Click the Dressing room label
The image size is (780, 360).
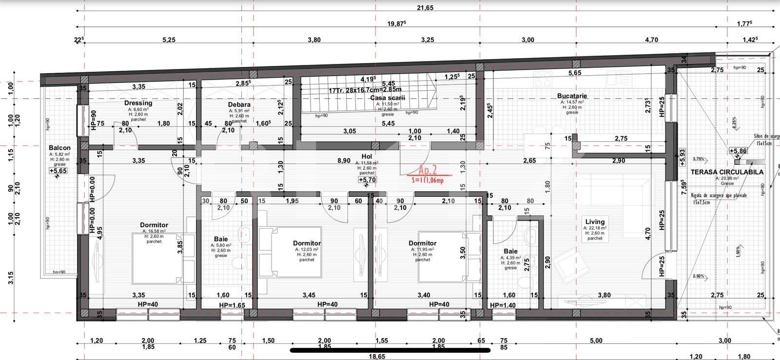(138, 103)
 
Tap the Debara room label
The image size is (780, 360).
(239, 104)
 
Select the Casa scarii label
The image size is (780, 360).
(387, 98)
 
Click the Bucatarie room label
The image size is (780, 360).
(572, 96)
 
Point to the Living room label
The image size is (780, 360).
(594, 221)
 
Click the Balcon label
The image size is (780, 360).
(59, 148)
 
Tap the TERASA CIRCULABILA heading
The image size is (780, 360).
(727, 172)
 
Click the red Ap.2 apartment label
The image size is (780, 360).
(428, 170)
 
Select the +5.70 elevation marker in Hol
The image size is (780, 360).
(367, 180)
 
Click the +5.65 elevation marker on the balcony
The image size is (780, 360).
(58, 171)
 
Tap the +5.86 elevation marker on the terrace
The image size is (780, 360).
(738, 151)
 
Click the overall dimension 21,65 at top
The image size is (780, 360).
(425, 8)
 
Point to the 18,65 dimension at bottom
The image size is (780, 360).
(377, 356)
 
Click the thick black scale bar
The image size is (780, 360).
(390, 350)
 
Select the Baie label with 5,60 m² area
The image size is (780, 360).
(221, 239)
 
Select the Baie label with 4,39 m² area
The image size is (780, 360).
(510, 251)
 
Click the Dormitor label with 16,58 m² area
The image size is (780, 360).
(154, 225)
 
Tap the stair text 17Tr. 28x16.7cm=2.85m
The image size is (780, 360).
(365, 90)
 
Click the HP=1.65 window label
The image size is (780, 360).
(232, 305)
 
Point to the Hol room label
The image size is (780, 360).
(367, 157)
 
